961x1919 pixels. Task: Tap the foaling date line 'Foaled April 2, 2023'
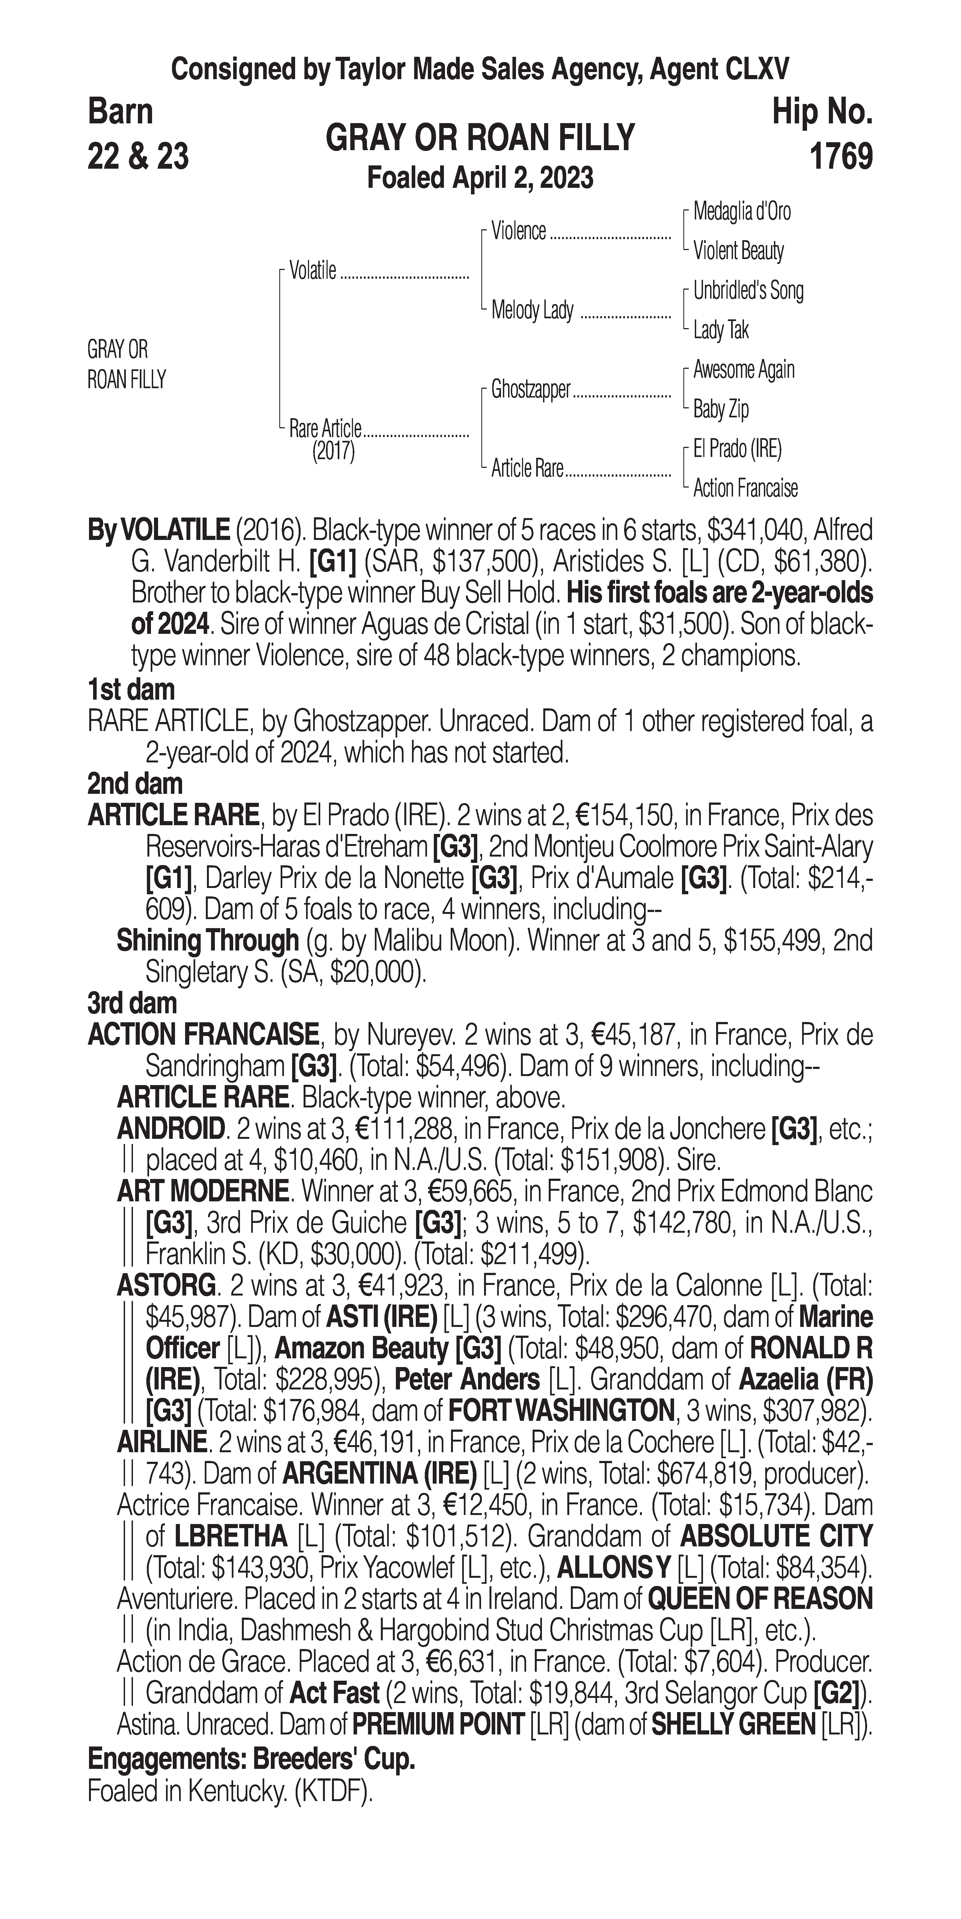tap(480, 178)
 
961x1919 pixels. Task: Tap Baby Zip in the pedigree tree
tap(720, 409)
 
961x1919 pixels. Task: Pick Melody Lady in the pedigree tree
tap(532, 310)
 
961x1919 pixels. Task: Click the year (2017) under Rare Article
tap(333, 451)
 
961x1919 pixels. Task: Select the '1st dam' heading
tap(131, 690)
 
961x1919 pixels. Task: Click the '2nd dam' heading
tap(135, 784)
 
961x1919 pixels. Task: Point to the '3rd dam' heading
tap(133, 1003)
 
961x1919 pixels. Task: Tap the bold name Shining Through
tap(207, 941)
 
